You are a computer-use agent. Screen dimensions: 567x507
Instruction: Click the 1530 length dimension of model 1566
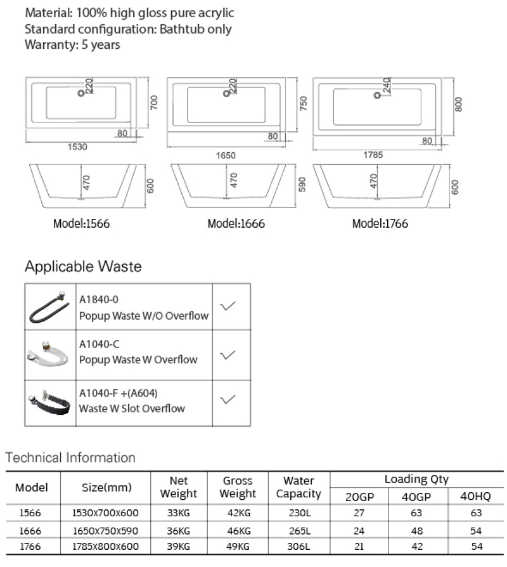coord(77,147)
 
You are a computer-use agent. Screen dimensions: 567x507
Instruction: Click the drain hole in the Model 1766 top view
coord(376,96)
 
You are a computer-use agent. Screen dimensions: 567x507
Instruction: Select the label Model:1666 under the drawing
coord(236,224)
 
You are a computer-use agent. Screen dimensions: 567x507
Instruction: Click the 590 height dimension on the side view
coord(302,185)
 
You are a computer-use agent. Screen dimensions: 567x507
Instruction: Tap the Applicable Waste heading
coord(83,266)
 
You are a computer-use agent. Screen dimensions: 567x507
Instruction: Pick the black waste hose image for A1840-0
coord(50,307)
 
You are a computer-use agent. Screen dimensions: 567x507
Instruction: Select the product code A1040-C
coord(99,345)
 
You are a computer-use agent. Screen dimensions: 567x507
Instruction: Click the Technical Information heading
coord(70,457)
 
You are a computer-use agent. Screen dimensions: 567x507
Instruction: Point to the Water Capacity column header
coord(298,487)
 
